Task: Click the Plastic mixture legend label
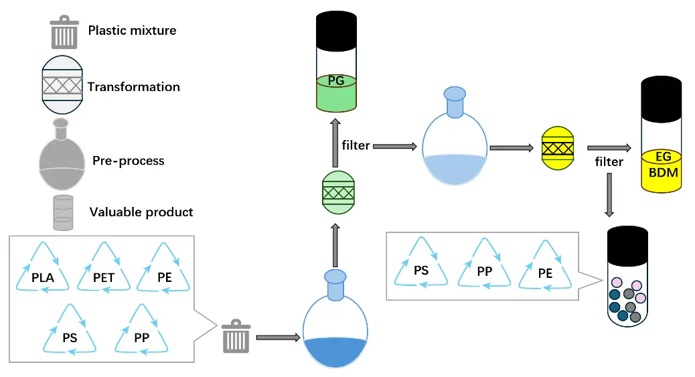pos(132,30)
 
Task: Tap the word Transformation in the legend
pos(133,87)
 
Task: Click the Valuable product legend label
pos(141,212)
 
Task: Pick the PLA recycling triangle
pos(42,269)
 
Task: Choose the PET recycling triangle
pos(104,269)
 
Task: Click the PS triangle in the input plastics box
pos(70,331)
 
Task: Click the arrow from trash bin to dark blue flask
pos(277,337)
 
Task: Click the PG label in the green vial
pos(337,81)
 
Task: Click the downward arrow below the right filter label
pos(609,194)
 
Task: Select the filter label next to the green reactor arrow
pos(356,145)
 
